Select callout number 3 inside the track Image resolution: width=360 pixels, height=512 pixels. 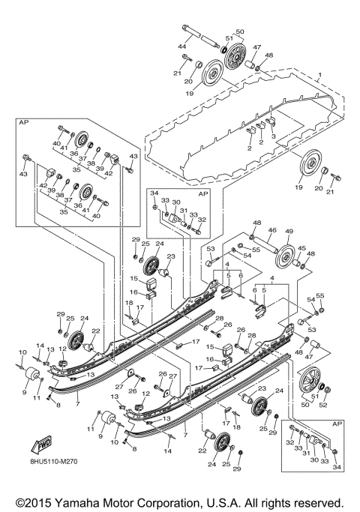pyautogui.click(x=274, y=136)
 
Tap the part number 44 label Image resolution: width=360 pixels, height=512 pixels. pyautogui.click(x=181, y=47)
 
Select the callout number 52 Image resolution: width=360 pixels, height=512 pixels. pyautogui.click(x=324, y=406)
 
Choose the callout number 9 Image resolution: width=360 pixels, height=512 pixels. pyautogui.click(x=23, y=391)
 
